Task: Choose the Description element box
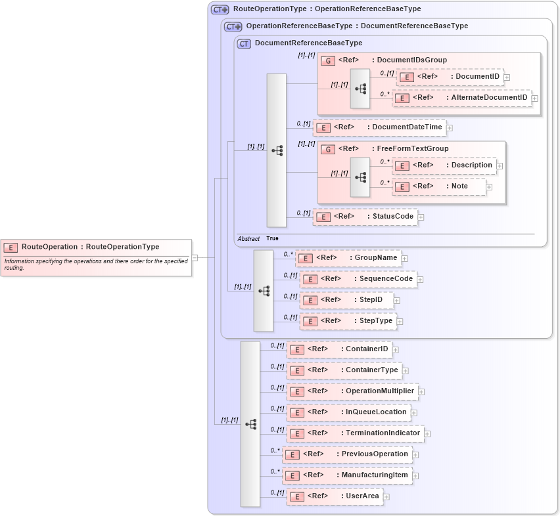[446, 165]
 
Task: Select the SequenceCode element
[358, 279]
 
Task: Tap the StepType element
[348, 321]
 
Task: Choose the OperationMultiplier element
[352, 391]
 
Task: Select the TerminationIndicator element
[355, 433]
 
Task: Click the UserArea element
[335, 496]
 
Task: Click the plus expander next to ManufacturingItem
[416, 476]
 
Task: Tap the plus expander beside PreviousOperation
[416, 454]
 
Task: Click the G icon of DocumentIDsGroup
[327, 60]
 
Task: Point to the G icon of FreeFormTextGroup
[327, 149]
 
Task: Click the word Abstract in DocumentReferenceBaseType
[249, 239]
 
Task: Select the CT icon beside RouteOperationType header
[220, 10]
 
